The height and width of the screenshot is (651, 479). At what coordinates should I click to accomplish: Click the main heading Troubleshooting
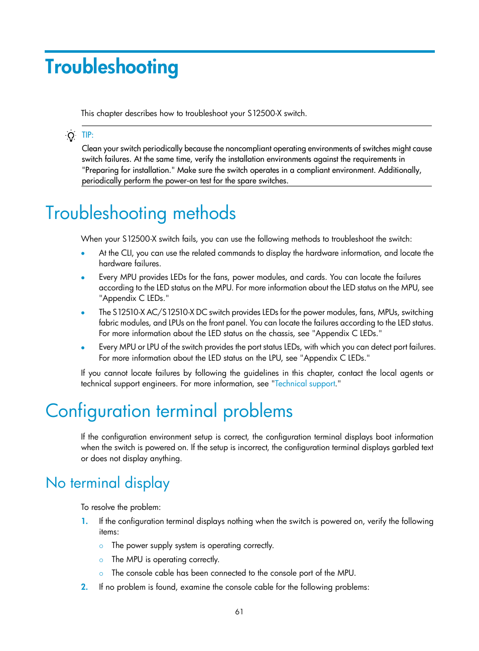(x=111, y=67)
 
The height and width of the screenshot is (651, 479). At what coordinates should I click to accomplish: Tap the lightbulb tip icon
(x=71, y=136)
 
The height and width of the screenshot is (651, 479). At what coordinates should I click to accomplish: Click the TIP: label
(x=87, y=135)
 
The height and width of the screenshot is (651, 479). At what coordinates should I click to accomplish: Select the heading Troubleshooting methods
(x=141, y=213)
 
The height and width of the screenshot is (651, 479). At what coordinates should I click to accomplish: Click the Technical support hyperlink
(x=305, y=384)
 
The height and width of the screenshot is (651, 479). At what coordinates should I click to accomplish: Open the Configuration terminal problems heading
(x=169, y=411)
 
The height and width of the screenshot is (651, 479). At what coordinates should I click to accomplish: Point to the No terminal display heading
(x=107, y=483)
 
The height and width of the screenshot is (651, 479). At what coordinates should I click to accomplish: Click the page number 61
(x=239, y=611)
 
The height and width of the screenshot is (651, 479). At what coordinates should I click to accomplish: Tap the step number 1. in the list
(x=84, y=521)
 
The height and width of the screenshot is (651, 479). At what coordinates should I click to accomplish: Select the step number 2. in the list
(x=84, y=587)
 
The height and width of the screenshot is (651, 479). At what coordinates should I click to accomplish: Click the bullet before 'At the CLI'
(x=83, y=254)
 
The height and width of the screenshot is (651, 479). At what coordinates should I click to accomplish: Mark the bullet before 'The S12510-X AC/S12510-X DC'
(x=83, y=313)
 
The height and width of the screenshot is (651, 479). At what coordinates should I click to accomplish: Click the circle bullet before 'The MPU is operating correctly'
(x=101, y=560)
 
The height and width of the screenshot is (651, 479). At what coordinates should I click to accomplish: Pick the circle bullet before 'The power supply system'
(x=101, y=546)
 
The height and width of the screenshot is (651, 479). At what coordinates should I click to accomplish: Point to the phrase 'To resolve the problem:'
(x=121, y=507)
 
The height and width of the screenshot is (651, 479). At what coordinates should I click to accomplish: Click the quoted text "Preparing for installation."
(x=129, y=170)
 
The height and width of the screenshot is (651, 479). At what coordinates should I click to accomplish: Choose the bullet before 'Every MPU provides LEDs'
(x=83, y=278)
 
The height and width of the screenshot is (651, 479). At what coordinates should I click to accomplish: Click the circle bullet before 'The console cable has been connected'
(x=101, y=574)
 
